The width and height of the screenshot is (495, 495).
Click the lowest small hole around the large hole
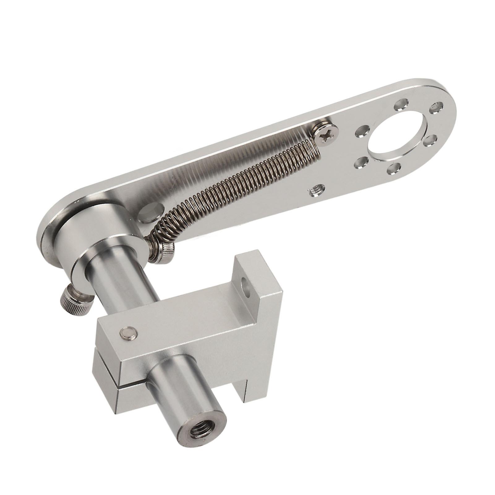tap(394, 168)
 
